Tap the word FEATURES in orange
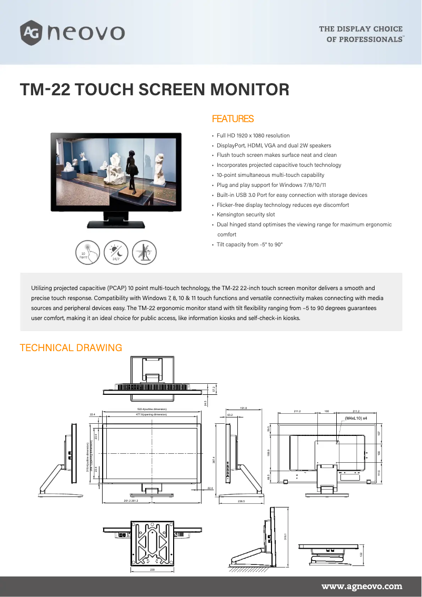[x=232, y=119]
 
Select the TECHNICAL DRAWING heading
[x=71, y=348]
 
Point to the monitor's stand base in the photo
[x=115, y=224]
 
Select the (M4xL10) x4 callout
[x=356, y=417]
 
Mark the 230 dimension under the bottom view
[x=152, y=570]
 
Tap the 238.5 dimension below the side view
[x=242, y=501]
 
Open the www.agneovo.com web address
[x=361, y=586]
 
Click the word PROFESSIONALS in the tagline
[x=371, y=39]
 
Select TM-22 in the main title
[x=44, y=89]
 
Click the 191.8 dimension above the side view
[x=243, y=408]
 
